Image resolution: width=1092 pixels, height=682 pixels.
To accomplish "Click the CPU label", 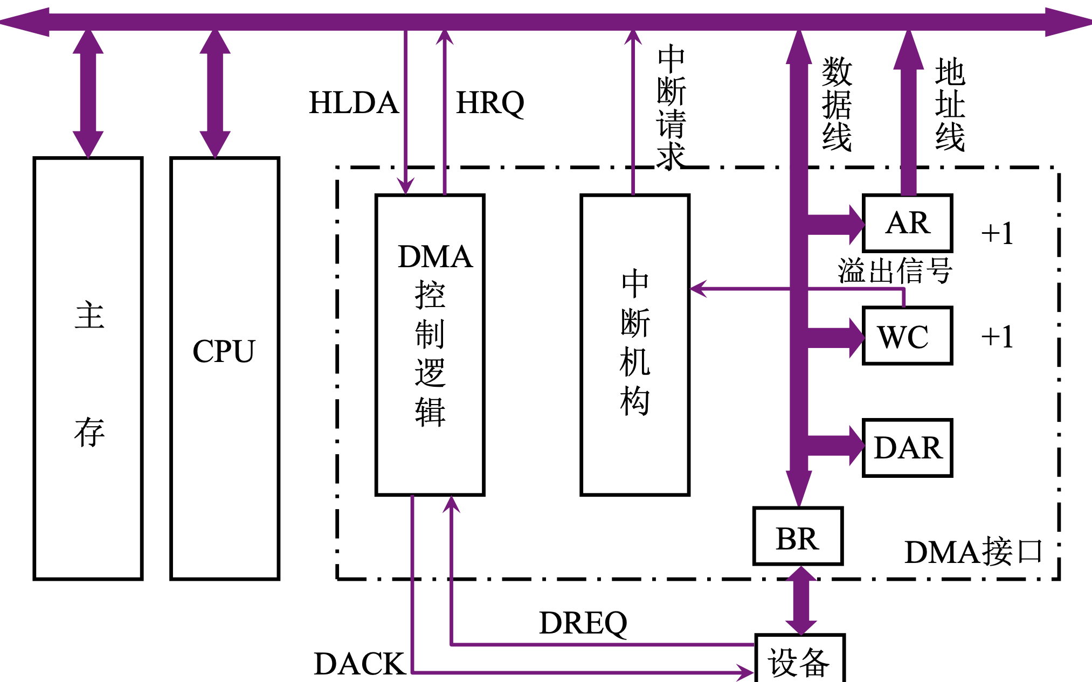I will point(224,351).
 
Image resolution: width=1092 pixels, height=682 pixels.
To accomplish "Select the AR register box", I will point(908,223).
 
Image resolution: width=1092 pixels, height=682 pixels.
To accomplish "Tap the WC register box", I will point(908,336).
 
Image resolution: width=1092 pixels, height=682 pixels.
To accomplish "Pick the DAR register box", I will point(908,448).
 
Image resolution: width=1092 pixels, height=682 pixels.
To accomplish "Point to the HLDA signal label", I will point(354,102).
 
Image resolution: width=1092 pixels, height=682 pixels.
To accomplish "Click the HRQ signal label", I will point(490,102).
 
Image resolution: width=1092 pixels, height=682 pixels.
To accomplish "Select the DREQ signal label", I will point(583,623).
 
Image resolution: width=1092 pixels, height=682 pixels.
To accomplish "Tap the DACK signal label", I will point(360,663).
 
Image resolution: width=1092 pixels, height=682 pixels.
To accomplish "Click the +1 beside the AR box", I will point(997,233).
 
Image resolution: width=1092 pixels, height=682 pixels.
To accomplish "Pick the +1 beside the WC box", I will point(997,337).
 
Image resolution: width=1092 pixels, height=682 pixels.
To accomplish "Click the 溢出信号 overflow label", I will point(895,270).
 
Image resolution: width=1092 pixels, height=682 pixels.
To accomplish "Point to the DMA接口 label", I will point(973,552).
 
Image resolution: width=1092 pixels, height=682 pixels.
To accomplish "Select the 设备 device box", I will point(799,662).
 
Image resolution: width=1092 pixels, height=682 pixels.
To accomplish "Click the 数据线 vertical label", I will point(837,104).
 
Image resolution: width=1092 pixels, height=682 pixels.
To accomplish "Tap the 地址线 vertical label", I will point(950,104).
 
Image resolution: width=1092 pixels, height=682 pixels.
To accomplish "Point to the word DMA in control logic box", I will point(435,256).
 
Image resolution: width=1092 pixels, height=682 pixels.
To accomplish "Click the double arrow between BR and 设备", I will point(801,600).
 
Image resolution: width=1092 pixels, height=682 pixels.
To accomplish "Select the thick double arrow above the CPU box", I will point(215,93).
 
